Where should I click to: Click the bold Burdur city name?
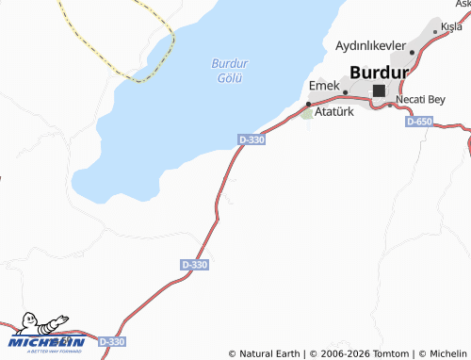(x=379, y=72)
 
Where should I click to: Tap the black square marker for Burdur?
(x=379, y=90)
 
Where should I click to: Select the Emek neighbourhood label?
(x=324, y=87)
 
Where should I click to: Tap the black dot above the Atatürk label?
(x=309, y=104)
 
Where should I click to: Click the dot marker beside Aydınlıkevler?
(x=412, y=52)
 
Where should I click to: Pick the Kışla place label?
(x=451, y=27)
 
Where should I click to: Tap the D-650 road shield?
(x=419, y=123)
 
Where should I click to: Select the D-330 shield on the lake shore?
(x=252, y=140)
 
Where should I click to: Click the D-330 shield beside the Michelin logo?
(x=111, y=341)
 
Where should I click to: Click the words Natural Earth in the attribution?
(x=269, y=353)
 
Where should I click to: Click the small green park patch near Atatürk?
(x=307, y=114)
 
